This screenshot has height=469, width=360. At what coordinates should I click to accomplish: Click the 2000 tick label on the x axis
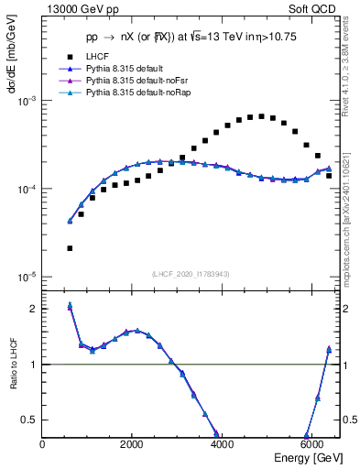[133, 443]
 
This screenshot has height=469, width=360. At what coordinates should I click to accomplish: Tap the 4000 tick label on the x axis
[223, 443]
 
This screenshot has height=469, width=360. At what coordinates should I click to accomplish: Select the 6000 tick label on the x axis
[312, 443]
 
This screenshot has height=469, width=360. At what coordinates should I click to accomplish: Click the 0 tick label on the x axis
[43, 443]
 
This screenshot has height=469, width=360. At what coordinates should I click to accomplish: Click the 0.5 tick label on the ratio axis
[30, 420]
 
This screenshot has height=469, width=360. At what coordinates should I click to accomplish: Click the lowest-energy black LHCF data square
[70, 248]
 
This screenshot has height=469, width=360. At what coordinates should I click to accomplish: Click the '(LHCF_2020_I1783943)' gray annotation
[190, 275]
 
